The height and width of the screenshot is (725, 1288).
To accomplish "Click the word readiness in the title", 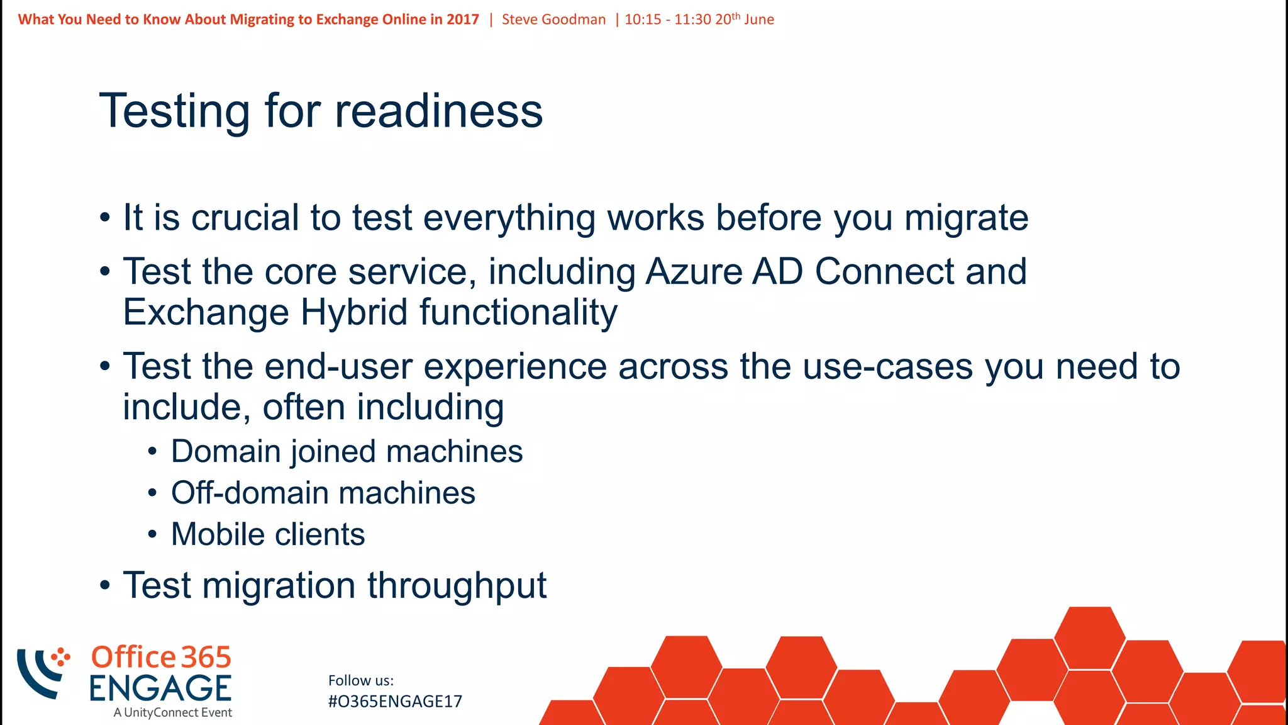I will coord(438,111).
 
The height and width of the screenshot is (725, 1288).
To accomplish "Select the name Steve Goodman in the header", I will coord(553,20).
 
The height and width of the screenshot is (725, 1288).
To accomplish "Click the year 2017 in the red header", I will coord(463,20).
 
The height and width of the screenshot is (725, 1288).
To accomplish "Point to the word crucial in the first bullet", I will coord(245,218).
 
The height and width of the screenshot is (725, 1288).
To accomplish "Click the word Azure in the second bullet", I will coord(694,272).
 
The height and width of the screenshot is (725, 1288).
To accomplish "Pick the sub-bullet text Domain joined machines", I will coord(347,452).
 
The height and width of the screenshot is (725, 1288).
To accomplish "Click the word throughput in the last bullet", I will coord(457,586).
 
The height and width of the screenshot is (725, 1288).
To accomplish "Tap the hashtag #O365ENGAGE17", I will coord(395,702).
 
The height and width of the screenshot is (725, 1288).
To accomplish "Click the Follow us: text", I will coord(360,680).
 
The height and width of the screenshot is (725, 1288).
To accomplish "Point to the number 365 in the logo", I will coord(206,658).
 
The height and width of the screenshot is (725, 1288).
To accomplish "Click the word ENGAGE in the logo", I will coord(160,688).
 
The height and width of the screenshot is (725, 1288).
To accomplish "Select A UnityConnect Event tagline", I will coord(173,712).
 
